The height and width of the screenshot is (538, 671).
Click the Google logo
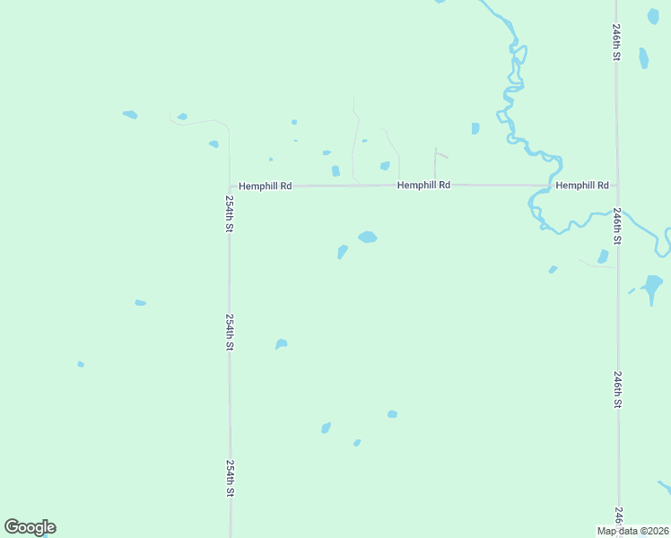(30, 527)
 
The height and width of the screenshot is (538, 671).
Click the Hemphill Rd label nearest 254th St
(266, 186)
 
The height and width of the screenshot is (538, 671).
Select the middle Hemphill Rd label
(423, 185)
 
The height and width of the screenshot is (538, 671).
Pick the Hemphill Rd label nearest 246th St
(582, 185)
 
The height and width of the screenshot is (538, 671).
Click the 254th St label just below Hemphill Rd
(230, 214)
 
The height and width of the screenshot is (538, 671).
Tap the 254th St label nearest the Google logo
(230, 479)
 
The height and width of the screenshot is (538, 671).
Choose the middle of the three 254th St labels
(230, 332)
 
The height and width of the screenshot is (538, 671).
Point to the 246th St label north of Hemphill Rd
(617, 42)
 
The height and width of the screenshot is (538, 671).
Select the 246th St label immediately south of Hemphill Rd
(617, 228)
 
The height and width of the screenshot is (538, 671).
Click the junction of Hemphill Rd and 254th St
(230, 187)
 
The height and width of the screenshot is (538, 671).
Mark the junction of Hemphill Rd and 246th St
(617, 186)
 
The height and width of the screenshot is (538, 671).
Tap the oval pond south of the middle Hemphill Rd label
(367, 238)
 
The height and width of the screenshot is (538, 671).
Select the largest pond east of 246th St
(652, 286)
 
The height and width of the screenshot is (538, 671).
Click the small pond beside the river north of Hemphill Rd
(475, 128)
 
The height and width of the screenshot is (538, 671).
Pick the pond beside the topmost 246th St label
(643, 58)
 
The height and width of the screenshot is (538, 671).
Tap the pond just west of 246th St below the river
(603, 256)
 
